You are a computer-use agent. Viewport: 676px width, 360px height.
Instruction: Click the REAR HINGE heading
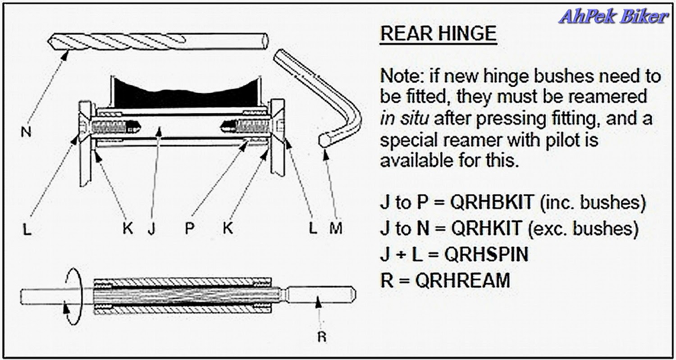(438, 34)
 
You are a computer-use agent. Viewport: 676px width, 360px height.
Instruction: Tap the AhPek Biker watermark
(612, 16)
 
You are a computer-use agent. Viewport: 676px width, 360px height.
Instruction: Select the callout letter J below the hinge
(151, 228)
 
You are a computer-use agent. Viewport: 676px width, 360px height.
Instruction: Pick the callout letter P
(189, 228)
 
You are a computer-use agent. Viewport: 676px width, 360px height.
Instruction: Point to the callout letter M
(335, 228)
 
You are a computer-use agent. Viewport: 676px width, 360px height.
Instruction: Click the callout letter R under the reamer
(321, 337)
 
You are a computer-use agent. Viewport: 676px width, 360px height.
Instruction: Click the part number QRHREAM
(462, 281)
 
